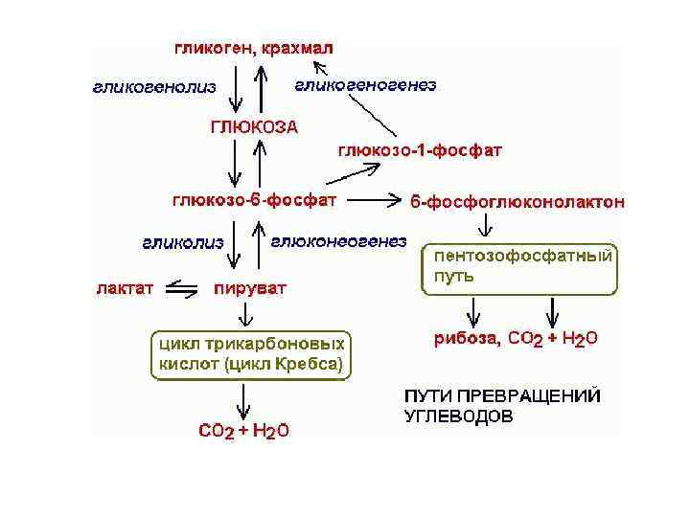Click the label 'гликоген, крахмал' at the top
254,48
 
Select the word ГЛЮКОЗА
254,125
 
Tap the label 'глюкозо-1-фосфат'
420,149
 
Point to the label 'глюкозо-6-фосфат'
254,201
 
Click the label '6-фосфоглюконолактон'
517,202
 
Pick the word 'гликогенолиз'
154,87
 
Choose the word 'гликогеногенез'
365,85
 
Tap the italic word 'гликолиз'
183,242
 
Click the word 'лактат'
124,286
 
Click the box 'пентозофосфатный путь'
519,268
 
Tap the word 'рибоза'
466,338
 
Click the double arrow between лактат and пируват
182,286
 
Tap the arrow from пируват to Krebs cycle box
247,313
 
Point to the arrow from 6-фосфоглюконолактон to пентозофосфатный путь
486,226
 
